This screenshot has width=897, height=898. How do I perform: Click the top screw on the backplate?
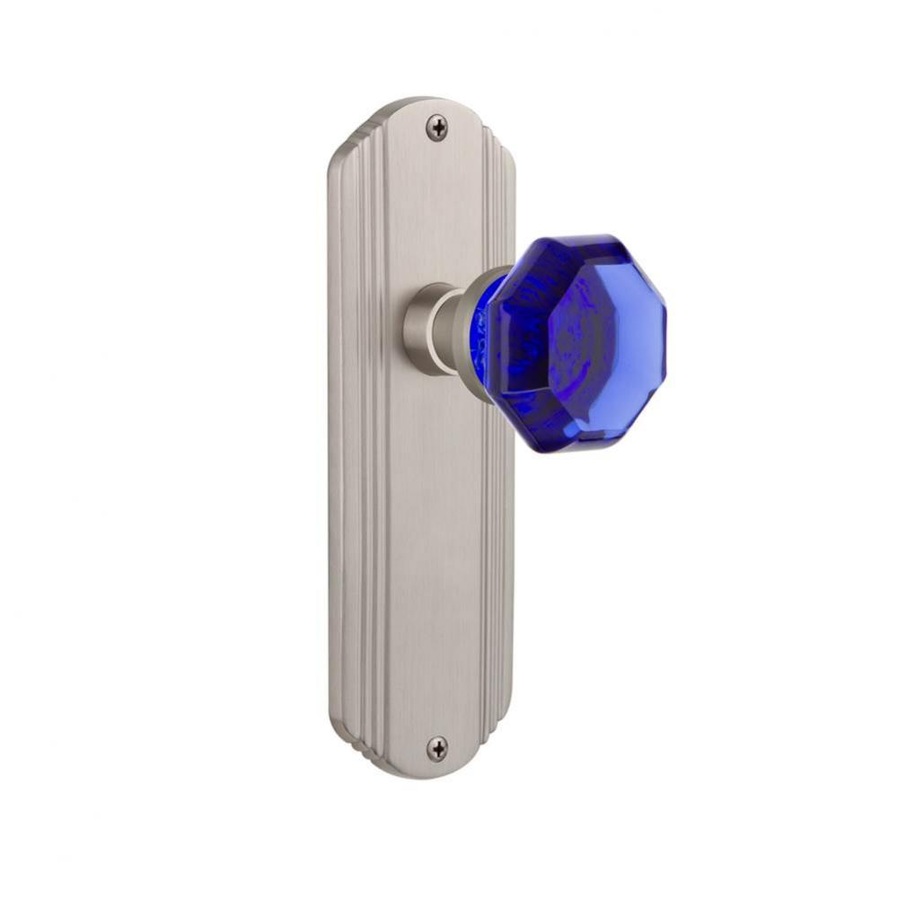tap(436, 128)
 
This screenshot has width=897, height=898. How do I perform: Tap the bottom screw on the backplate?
tap(436, 746)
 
